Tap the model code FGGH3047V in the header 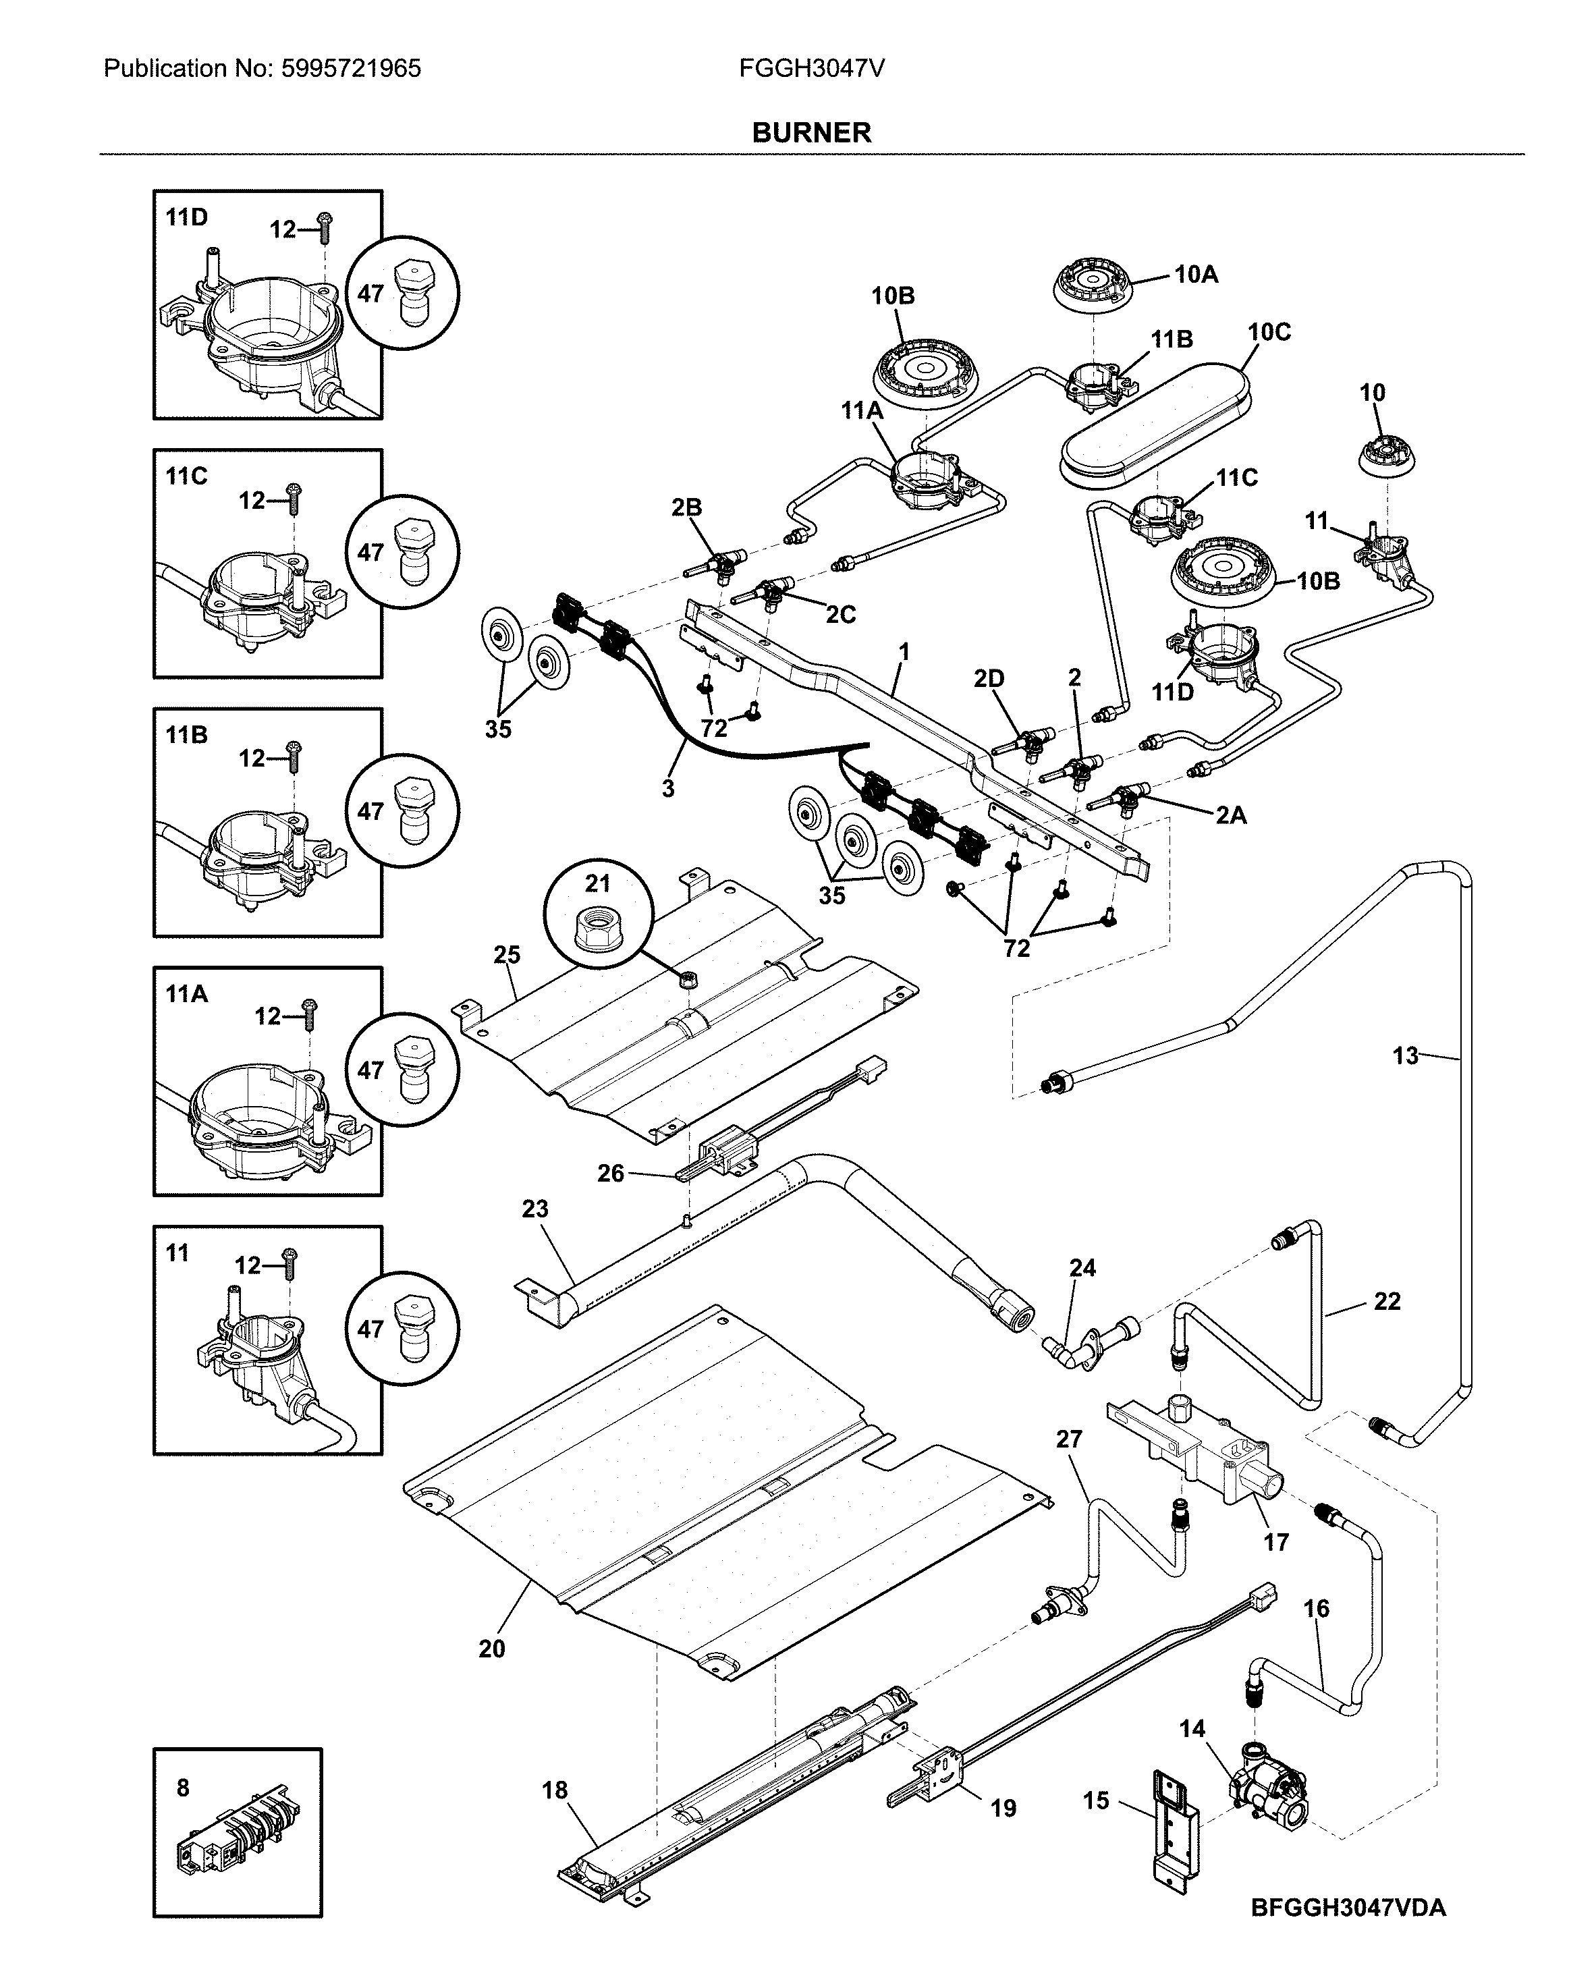click(811, 69)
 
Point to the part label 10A click(1195, 274)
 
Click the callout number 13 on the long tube click(1405, 1056)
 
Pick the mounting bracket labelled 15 click(1175, 1829)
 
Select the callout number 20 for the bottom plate click(492, 1649)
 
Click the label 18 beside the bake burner click(554, 1790)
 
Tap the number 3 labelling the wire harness click(667, 788)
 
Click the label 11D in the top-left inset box click(187, 218)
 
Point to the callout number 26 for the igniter click(611, 1173)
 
